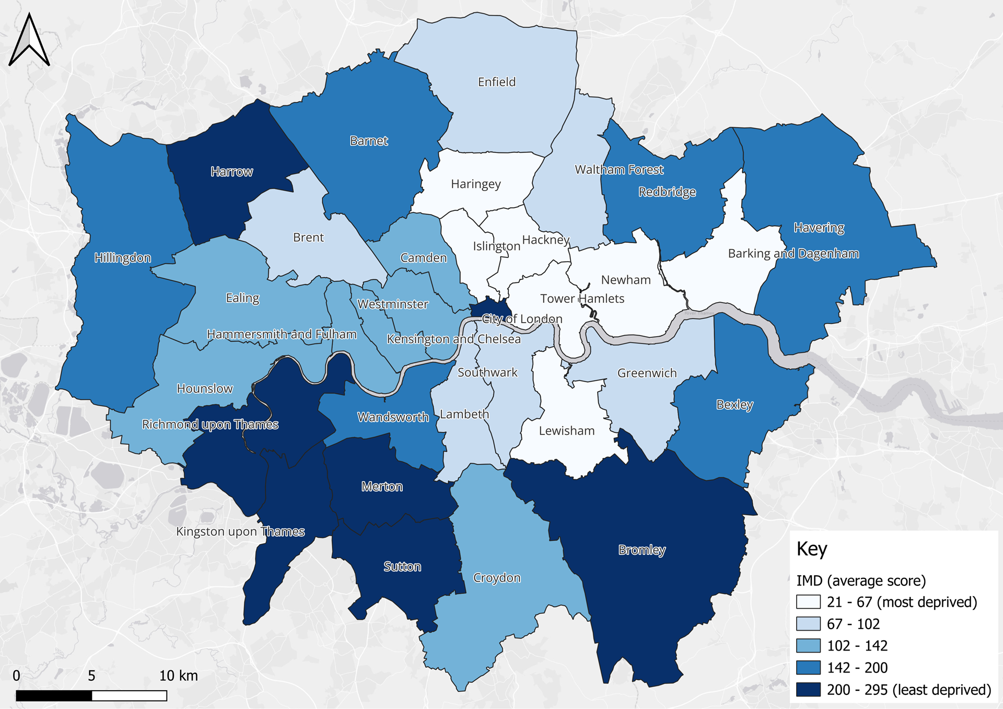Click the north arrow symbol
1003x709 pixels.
29,41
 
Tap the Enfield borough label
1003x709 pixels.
496,82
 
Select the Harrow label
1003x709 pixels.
231,172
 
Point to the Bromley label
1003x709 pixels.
642,550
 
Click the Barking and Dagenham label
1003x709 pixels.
793,254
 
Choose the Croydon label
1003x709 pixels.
496,578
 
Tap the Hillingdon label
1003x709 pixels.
122,258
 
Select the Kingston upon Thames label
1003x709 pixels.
240,531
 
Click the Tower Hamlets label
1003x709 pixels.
582,299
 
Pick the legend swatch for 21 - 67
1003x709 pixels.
808,602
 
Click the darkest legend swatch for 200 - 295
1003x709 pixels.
808,690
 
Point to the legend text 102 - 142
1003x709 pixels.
857,646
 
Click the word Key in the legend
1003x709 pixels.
811,549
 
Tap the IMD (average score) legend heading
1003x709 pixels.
860,581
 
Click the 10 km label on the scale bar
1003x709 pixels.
178,676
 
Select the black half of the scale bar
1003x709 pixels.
54,695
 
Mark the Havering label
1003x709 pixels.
819,228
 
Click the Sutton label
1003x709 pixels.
402,566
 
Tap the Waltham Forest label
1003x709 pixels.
619,170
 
